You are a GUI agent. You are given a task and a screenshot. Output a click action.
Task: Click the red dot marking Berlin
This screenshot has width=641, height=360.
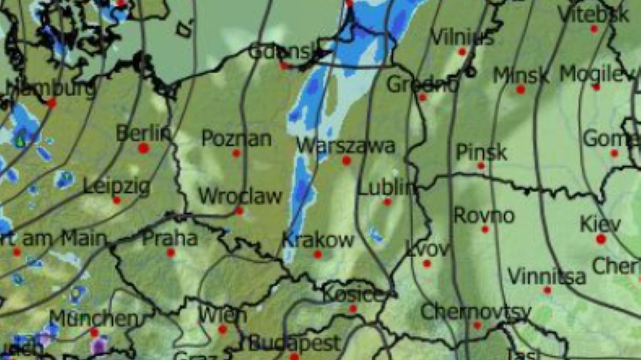[x=143, y=148]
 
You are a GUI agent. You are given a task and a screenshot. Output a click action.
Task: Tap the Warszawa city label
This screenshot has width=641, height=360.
[x=346, y=145]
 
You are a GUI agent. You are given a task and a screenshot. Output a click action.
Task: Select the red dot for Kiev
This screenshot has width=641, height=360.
[x=601, y=239]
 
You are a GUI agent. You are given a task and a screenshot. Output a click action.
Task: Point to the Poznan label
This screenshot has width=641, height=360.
[x=236, y=139]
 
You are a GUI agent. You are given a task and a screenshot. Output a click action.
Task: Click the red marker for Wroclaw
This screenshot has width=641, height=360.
[x=239, y=211]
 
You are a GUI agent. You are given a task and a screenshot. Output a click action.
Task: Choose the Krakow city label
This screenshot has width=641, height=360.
[x=318, y=240]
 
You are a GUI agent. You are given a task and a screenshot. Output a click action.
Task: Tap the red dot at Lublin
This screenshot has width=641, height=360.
[x=387, y=202]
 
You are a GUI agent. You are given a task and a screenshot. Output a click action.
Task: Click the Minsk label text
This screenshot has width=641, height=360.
[x=520, y=76]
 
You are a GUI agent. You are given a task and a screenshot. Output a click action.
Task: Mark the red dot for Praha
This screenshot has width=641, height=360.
[x=171, y=253]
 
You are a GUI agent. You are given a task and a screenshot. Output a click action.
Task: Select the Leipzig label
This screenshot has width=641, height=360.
[x=116, y=187]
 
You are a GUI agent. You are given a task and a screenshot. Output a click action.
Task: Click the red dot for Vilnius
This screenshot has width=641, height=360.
[x=462, y=52]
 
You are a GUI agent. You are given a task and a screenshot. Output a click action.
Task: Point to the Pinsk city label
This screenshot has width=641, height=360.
[x=481, y=153]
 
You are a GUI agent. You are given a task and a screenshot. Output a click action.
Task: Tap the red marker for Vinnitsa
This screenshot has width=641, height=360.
[x=547, y=290]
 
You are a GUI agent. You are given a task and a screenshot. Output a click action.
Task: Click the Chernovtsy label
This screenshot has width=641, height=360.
[x=475, y=312]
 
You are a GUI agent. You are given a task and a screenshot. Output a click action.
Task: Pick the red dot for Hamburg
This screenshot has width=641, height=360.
[x=51, y=103]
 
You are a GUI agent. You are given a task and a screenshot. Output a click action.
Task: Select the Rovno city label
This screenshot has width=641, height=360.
[x=484, y=216]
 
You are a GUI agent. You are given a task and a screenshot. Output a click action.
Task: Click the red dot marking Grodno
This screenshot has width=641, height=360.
[x=423, y=97]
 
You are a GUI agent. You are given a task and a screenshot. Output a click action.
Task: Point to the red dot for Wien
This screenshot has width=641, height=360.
[x=223, y=329]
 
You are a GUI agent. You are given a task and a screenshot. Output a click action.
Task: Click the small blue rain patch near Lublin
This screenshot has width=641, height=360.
[x=377, y=235]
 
